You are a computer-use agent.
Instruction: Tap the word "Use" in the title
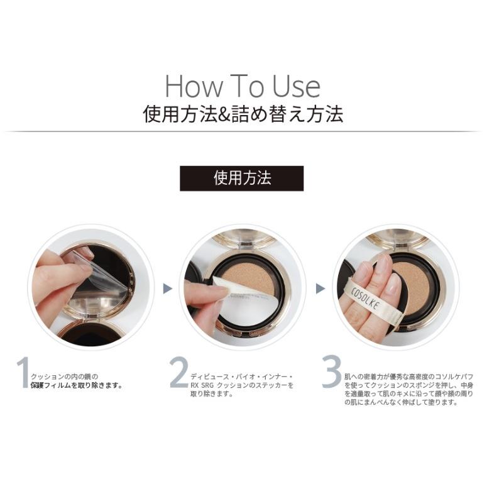click(296, 86)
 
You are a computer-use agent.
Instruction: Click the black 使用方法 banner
click(242, 178)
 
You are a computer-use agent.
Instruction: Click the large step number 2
click(178, 373)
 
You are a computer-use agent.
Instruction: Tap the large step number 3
click(331, 373)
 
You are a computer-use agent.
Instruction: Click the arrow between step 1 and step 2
click(167, 288)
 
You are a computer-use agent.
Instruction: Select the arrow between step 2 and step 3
click(320, 288)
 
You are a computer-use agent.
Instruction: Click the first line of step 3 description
click(409, 376)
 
